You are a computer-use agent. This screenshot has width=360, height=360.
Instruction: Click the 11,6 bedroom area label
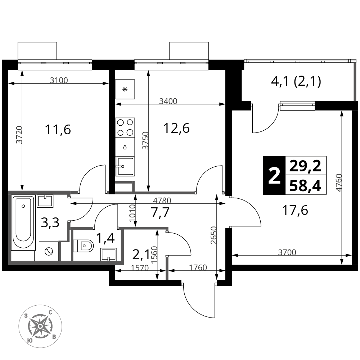tap(58, 130)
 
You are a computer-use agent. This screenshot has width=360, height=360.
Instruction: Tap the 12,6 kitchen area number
tap(176, 128)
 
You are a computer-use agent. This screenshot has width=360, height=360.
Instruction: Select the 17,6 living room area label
tap(295, 210)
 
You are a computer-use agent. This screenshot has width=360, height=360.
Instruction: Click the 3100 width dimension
tap(59, 80)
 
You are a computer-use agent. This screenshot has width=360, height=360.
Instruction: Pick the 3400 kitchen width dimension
tap(168, 101)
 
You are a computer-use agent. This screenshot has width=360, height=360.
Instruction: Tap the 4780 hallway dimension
tap(162, 201)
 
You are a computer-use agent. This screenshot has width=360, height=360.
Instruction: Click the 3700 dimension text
tap(287, 252)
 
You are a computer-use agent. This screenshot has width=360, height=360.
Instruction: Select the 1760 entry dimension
tap(198, 267)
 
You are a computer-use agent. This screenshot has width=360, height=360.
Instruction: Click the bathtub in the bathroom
tap(23, 222)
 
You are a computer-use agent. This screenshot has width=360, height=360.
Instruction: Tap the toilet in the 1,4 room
tap(83, 246)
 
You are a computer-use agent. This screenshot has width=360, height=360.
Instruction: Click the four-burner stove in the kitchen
tap(125, 127)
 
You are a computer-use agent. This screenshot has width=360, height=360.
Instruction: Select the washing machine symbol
tap(49, 251)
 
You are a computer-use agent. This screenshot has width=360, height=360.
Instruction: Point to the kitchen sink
tap(125, 166)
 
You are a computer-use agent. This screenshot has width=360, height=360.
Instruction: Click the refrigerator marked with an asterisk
tap(125, 89)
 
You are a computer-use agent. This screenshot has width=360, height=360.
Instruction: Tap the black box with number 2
tap(274, 175)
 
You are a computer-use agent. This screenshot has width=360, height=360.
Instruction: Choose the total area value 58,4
tap(305, 185)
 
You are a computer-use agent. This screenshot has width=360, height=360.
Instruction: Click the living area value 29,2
tap(305, 166)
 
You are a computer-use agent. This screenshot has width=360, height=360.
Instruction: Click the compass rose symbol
tap(40, 326)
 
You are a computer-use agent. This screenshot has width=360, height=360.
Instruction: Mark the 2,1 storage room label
tap(141, 255)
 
